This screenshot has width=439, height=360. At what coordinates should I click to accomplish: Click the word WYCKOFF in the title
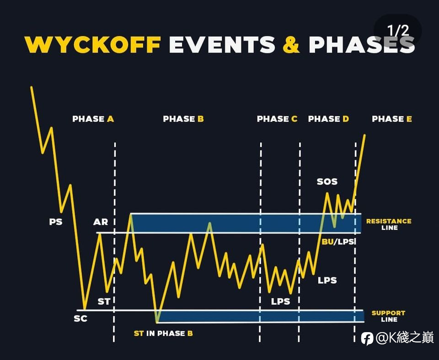[x=93, y=44]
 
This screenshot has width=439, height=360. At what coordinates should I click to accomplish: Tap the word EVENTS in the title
[x=222, y=44]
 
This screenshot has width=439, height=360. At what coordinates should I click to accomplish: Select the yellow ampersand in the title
[x=291, y=44]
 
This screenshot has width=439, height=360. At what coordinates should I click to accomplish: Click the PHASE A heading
[x=93, y=119]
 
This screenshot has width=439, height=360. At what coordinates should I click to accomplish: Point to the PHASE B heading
[x=183, y=119]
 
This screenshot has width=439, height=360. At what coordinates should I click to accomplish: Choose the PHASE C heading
[x=277, y=119]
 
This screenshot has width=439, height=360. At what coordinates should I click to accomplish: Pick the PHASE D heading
[x=328, y=119]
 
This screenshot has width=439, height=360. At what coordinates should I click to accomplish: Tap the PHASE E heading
[x=392, y=119]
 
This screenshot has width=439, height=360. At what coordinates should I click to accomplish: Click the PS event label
[x=56, y=222]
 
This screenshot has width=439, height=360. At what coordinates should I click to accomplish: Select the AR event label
[x=101, y=222]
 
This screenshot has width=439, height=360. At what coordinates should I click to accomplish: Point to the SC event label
[x=80, y=318]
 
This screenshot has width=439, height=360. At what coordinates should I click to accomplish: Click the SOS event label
[x=327, y=181]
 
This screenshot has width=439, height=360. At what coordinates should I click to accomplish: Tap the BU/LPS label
[x=338, y=241]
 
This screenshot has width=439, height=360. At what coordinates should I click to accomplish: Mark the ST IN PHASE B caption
[x=163, y=334]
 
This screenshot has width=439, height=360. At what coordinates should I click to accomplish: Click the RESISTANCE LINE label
[x=389, y=224]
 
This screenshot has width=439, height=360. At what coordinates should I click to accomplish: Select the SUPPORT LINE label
[x=389, y=316]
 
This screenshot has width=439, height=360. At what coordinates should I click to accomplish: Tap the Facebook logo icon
[x=367, y=339]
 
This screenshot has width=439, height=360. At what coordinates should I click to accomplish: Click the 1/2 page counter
[x=398, y=31]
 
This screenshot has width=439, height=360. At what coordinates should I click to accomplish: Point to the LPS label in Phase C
[x=280, y=301]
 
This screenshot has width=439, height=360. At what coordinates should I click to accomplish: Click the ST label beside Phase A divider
[x=104, y=301]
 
